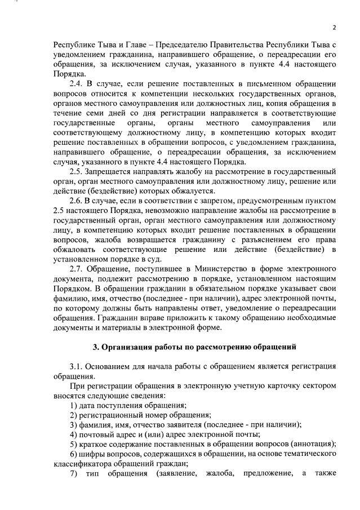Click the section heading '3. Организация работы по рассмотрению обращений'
pyautogui.click(x=194, y=346)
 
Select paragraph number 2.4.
pyautogui.click(x=77, y=83)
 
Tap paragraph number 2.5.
pyautogui.click(x=77, y=172)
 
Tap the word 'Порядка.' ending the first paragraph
pyautogui.click(x=70, y=73)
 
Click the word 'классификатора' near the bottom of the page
pyautogui.click(x=82, y=463)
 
